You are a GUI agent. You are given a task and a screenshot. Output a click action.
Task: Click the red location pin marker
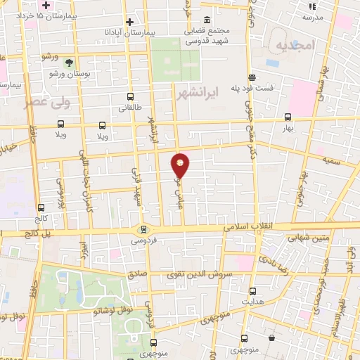[x=180, y=165]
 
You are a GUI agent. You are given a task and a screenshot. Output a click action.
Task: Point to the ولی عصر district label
[x=67, y=103]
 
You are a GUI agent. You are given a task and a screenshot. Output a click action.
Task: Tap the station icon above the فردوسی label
[x=143, y=229]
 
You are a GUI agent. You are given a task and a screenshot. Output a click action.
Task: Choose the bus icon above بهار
[x=287, y=117]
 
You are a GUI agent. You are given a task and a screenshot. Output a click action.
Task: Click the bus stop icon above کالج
[x=41, y=207]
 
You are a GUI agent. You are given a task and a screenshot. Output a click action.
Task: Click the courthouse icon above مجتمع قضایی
[x=206, y=20]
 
